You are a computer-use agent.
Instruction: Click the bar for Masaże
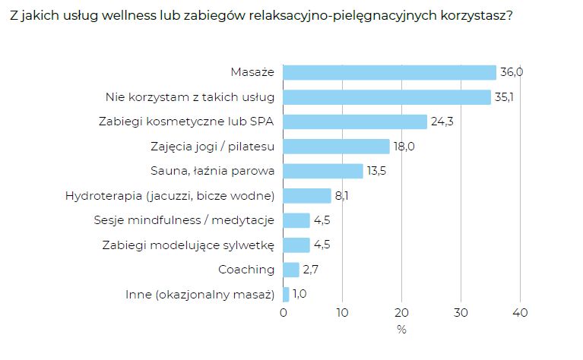pyautogui.click(x=389, y=72)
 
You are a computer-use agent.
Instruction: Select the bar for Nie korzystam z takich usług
pyautogui.click(x=387, y=97)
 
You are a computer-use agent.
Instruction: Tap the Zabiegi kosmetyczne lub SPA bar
pyautogui.click(x=355, y=122)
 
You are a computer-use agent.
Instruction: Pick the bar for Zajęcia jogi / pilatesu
pyautogui.click(x=336, y=146)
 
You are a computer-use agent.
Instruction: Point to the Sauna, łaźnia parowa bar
pyautogui.click(x=323, y=171)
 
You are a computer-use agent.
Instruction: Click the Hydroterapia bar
pyautogui.click(x=307, y=196)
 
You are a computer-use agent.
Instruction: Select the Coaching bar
pyautogui.click(x=291, y=270)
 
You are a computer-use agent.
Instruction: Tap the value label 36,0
pyautogui.click(x=512, y=72)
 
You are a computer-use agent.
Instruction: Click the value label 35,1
pyautogui.click(x=505, y=97)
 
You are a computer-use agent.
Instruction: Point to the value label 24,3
pyautogui.click(x=442, y=122)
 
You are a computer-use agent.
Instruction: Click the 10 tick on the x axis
pyautogui.click(x=342, y=312)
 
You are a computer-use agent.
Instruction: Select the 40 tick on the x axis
pyautogui.click(x=520, y=312)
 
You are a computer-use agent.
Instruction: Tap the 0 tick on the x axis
pyautogui.click(x=284, y=312)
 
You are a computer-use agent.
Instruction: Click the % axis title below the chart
pyautogui.click(x=401, y=330)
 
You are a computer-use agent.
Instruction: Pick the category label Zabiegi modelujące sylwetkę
pyautogui.click(x=188, y=245)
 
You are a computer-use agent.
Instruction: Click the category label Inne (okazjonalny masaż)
pyautogui.click(x=199, y=294)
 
